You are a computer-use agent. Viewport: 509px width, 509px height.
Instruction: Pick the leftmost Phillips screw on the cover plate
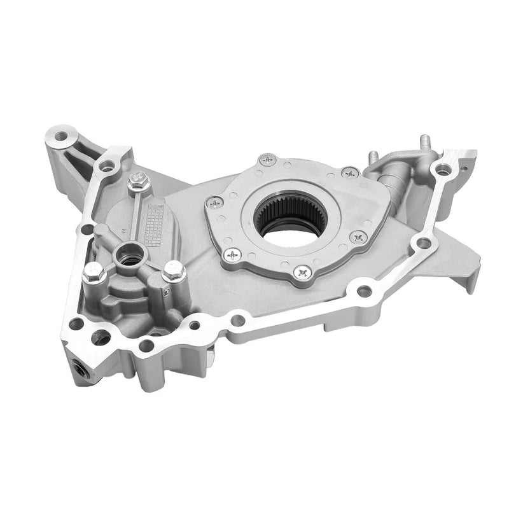click(x=215, y=202)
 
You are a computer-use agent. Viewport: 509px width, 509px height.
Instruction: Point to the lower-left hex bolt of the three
click(x=92, y=274)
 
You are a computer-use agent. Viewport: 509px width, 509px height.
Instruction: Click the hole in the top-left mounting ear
click(x=61, y=136)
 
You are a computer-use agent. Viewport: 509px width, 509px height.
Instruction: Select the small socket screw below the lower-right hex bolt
click(x=167, y=292)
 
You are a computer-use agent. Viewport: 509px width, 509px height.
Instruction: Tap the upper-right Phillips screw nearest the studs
click(x=349, y=172)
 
